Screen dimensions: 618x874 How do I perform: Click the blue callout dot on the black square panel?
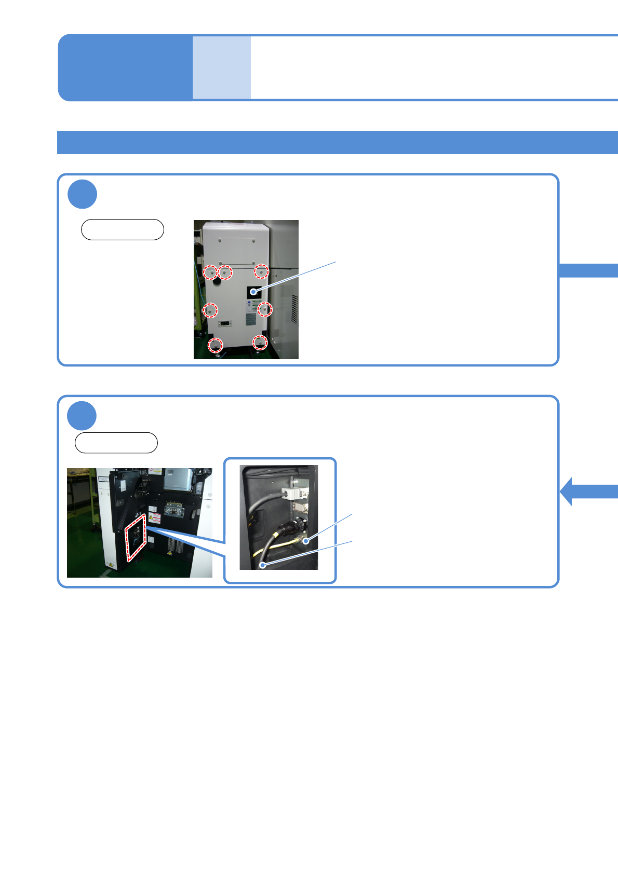click(253, 292)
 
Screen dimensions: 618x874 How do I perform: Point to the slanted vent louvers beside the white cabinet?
click(294, 310)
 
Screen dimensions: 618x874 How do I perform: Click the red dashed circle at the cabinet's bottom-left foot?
click(216, 345)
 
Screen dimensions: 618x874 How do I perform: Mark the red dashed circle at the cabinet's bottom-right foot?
click(260, 343)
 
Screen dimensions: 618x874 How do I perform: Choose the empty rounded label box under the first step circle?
click(123, 229)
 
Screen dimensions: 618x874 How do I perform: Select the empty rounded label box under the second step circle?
click(116, 443)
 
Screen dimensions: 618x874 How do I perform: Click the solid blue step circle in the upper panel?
click(82, 194)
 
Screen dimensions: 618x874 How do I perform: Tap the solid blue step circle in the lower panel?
click(82, 416)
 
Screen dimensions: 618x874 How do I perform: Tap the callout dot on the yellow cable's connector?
click(306, 541)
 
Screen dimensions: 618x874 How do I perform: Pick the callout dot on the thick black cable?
click(263, 564)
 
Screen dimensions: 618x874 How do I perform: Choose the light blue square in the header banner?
click(222, 67)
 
